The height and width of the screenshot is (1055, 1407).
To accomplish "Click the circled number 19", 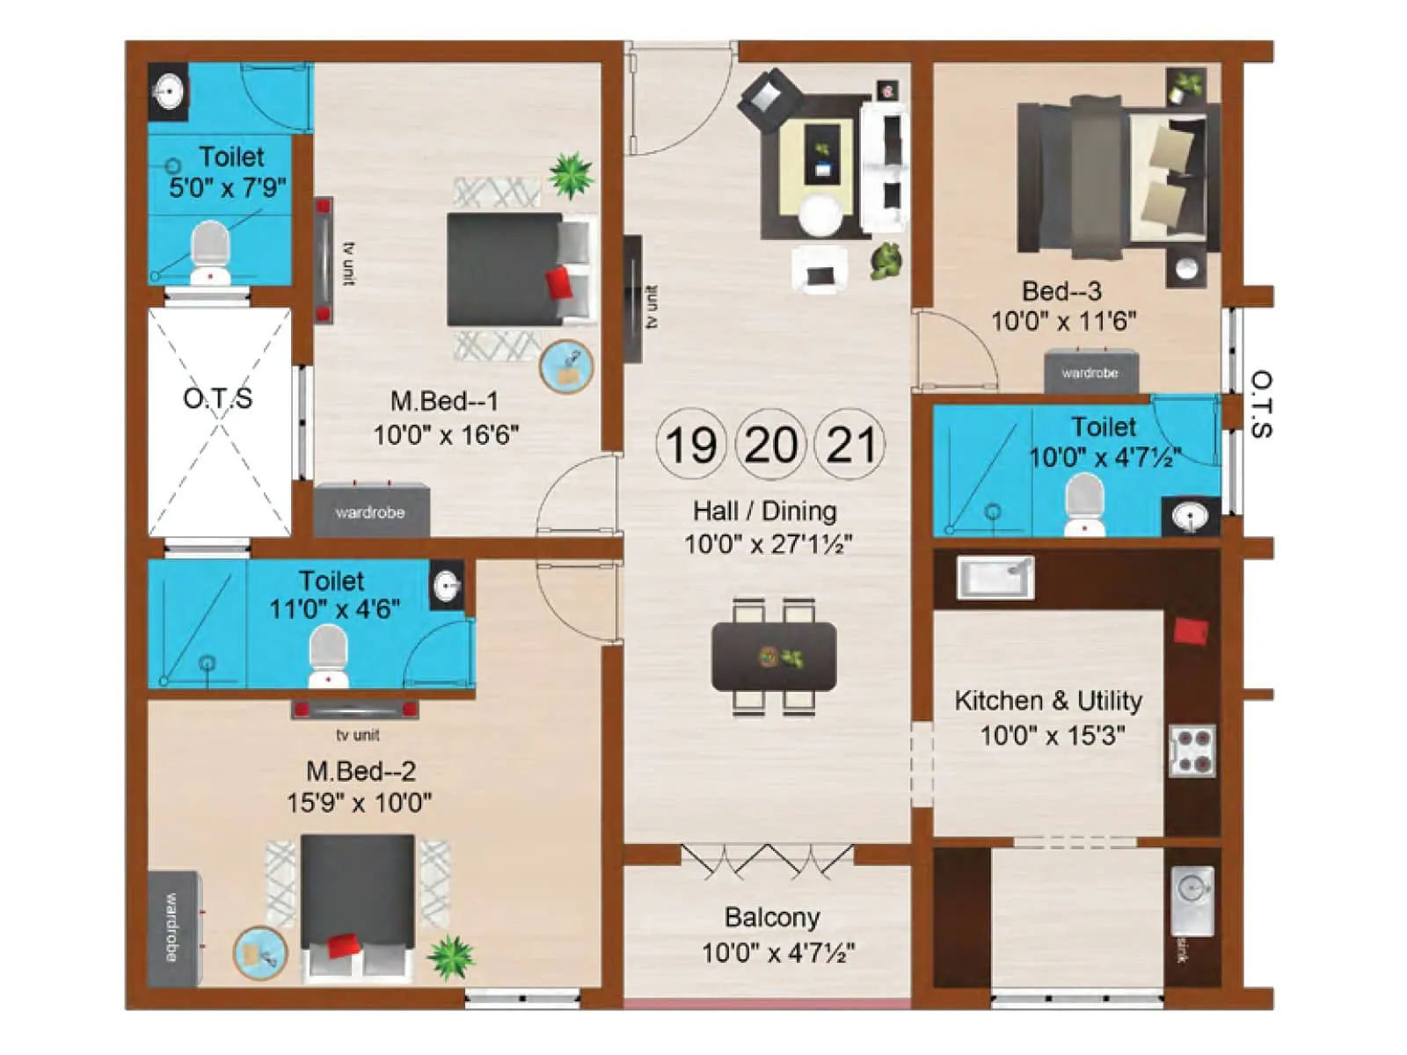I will pyautogui.click(x=690, y=444).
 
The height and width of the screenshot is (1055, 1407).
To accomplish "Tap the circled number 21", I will pyautogui.click(x=850, y=444).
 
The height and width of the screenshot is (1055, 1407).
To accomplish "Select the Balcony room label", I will pyautogui.click(x=772, y=917).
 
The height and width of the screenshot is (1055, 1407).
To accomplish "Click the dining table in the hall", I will pyautogui.click(x=774, y=656).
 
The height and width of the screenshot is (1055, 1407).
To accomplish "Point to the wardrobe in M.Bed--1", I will pyautogui.click(x=371, y=511).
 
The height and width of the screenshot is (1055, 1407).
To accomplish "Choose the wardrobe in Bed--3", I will pyautogui.click(x=1090, y=372).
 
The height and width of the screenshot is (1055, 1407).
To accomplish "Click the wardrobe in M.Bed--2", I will pyautogui.click(x=172, y=928).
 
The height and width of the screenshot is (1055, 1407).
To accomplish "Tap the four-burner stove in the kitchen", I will pyautogui.click(x=1192, y=751).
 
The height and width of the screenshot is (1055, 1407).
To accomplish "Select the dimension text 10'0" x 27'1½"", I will pyautogui.click(x=768, y=544).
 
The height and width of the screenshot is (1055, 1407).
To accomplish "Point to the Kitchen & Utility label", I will pyautogui.click(x=1048, y=701).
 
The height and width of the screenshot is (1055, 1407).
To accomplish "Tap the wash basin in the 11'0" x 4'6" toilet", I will pyautogui.click(x=447, y=585).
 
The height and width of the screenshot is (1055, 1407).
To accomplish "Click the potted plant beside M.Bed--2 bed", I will pyautogui.click(x=450, y=956).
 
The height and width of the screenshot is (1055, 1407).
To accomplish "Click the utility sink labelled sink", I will pyautogui.click(x=1192, y=899).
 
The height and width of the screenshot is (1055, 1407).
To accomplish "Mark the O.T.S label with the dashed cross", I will pyautogui.click(x=218, y=398).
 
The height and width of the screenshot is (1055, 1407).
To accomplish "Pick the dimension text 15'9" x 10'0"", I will pyautogui.click(x=359, y=802).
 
